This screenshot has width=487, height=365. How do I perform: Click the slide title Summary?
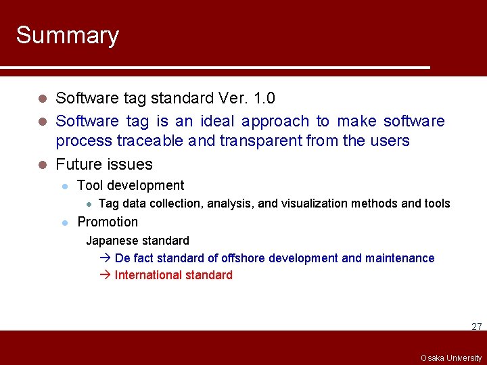click(67, 35)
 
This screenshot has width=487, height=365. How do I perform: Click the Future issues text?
click(104, 164)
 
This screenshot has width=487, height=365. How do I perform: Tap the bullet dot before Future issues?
click(42, 165)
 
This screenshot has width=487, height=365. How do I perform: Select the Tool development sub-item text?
click(131, 185)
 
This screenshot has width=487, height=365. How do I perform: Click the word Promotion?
click(108, 222)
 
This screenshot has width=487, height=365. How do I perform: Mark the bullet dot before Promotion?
click(64, 222)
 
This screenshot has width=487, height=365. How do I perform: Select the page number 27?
click(476, 326)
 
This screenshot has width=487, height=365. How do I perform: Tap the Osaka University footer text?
click(450, 358)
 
